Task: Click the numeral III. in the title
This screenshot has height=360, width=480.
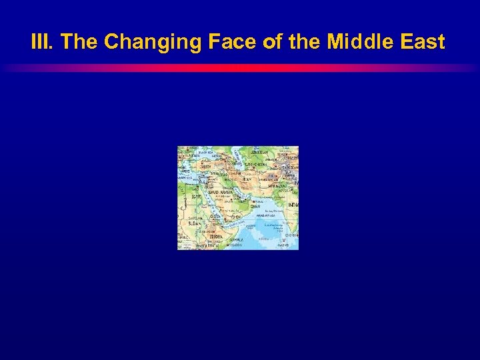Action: (43, 43)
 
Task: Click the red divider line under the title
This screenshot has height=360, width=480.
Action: (240, 68)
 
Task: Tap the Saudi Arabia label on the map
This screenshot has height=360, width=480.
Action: (221, 192)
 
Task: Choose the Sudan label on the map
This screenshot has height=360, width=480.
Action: (195, 225)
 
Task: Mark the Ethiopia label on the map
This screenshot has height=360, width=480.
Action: (217, 236)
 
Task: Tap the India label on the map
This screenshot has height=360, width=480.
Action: (293, 204)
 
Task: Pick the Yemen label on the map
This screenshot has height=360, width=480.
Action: (235, 217)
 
